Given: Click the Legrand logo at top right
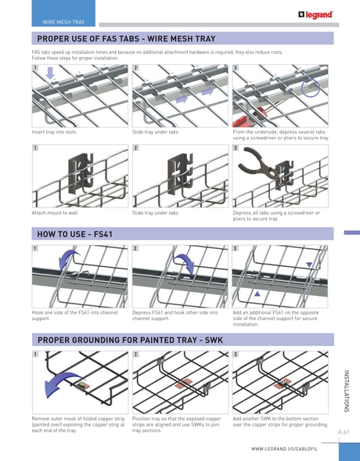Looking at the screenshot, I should pyautogui.click(x=316, y=14).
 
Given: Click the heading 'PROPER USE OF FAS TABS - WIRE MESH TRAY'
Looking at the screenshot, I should pyautogui.click(x=126, y=38).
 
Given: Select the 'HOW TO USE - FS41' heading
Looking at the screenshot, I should pyautogui.click(x=75, y=234).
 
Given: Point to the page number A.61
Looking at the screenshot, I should pyautogui.click(x=343, y=432).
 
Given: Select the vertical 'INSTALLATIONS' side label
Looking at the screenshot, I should pyautogui.click(x=347, y=391).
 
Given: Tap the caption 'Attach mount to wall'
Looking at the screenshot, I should pyautogui.click(x=54, y=213).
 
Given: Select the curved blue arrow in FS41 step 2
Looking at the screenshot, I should pyautogui.click(x=186, y=264).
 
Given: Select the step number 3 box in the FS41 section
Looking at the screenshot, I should pyautogui.click(x=236, y=249).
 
